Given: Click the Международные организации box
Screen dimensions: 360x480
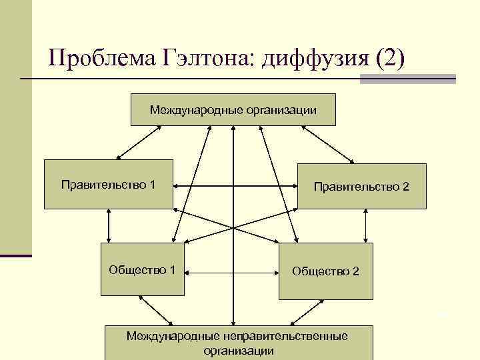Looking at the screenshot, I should (233, 109).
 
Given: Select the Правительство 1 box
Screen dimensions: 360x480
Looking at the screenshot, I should (109, 184).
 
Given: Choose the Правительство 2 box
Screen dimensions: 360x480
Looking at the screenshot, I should (361, 187).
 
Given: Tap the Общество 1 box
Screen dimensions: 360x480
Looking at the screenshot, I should (142, 270).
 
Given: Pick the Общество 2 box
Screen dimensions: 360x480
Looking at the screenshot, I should (326, 272).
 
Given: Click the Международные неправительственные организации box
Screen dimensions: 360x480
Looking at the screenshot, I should (237, 341).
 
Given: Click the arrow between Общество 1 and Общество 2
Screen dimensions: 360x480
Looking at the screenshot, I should (233, 272).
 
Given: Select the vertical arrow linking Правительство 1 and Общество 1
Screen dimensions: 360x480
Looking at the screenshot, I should (108, 226).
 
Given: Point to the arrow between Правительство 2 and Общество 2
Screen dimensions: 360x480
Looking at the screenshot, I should (365, 226).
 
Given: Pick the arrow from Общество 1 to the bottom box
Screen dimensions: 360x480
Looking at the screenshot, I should (157, 311).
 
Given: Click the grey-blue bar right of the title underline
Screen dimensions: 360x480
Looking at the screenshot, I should (408, 79).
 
